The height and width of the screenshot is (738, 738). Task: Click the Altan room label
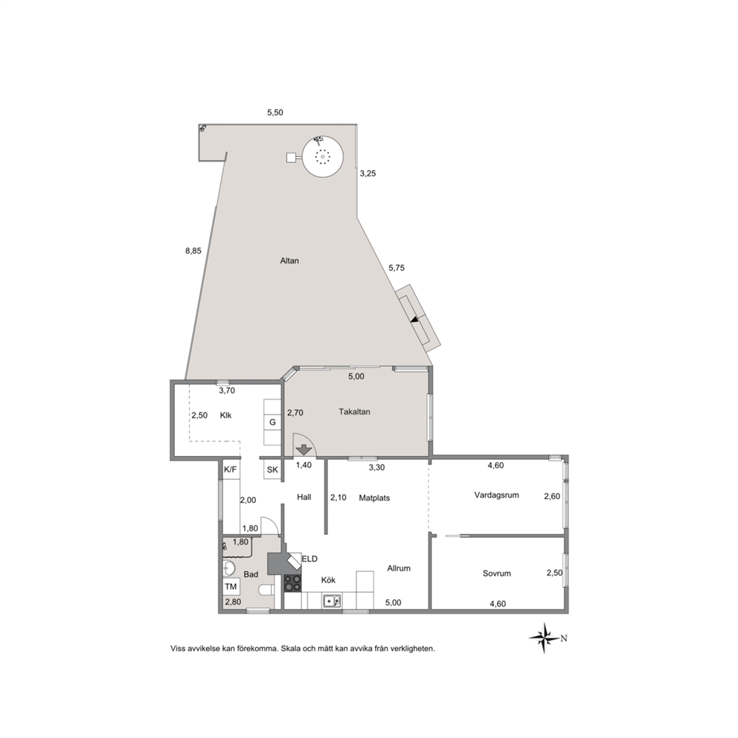coord(289,260)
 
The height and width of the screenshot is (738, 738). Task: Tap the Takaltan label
coord(354,412)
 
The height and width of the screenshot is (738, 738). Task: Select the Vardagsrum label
coord(496,495)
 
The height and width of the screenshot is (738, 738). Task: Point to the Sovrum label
coord(496,574)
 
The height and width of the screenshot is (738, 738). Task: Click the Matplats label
coord(374,498)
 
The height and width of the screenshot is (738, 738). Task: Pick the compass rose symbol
coord(545,638)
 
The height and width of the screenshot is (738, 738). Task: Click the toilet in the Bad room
coord(266,590)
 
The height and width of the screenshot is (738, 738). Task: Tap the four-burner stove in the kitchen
coord(293,583)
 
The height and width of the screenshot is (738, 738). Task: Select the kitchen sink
coord(332,600)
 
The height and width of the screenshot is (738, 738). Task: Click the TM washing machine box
coord(231,586)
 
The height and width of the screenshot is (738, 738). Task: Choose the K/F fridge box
coord(230,469)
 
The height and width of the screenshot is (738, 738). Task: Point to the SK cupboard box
coord(272,469)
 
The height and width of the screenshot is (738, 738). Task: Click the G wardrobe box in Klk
coord(272,422)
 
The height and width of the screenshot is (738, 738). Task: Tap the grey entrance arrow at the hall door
coord(304,449)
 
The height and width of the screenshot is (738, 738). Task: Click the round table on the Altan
coord(322,157)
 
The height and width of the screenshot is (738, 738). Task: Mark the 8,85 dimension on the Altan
coord(193,251)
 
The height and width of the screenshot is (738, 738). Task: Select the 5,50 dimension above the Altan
coord(275,112)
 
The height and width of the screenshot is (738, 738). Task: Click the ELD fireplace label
coord(309,559)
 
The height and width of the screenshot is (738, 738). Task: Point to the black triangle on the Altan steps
coord(414,320)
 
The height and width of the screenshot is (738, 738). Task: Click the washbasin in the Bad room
coord(229,568)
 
